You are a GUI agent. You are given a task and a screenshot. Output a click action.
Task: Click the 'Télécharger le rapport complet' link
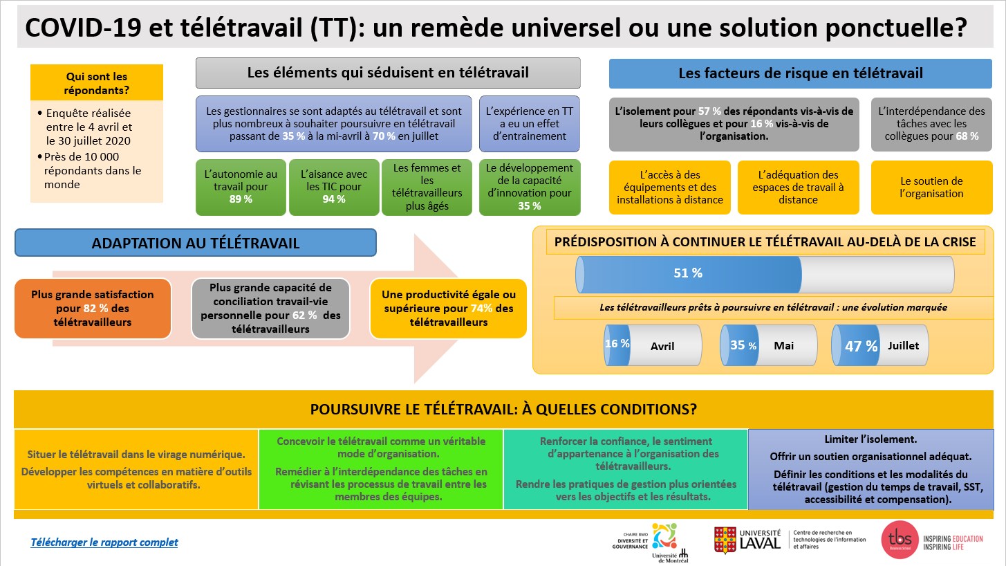104,542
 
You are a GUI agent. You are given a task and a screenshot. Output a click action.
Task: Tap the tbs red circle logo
900,540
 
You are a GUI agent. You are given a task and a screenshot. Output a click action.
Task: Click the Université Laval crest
725,540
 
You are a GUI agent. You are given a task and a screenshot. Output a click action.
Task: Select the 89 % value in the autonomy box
241,199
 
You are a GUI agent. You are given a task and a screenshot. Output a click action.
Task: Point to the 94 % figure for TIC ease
334,199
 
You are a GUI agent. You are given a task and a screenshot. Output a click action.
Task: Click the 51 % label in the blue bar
687,273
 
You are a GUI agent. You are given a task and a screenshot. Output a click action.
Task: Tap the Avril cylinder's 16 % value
617,344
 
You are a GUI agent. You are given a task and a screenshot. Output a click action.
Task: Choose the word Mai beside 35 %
783,346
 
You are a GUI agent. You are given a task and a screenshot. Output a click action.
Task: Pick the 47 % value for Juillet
861,346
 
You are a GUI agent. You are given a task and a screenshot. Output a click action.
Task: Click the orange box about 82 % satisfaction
93,309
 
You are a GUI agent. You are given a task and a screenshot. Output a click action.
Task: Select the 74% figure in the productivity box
481,309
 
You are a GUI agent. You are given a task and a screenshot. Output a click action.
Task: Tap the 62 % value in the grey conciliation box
304,316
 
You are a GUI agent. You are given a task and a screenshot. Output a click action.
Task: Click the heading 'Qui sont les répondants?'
97,83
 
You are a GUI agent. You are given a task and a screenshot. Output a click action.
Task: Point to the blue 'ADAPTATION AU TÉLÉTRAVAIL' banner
196,243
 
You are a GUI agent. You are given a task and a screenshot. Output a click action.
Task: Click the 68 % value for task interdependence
967,136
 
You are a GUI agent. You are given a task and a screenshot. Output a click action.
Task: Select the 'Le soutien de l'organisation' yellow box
931,188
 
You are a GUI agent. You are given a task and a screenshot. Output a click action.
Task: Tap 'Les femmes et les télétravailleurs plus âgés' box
427,187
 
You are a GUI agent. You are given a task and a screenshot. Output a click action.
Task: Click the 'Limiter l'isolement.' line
870,439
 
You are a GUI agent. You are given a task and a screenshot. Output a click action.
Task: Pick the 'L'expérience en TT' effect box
530,124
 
